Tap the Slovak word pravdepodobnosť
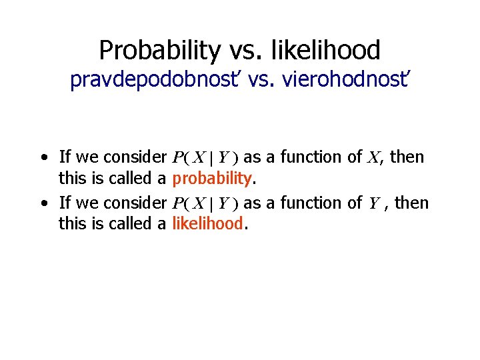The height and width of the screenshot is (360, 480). pyautogui.click(x=159, y=81)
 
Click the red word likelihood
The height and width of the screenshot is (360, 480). pyautogui.click(x=207, y=224)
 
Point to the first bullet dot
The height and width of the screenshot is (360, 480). pyautogui.click(x=43, y=158)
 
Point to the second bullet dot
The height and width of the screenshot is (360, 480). pyautogui.click(x=43, y=203)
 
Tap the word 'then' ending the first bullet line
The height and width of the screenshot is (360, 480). pyautogui.click(x=407, y=157)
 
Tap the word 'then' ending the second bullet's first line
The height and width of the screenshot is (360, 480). pyautogui.click(x=411, y=203)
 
